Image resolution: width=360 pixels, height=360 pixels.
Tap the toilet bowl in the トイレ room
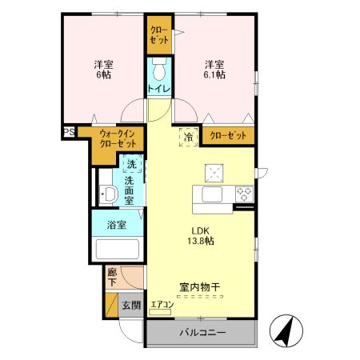tap(158, 66)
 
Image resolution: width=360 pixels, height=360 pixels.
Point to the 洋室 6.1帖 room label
tap(214, 69)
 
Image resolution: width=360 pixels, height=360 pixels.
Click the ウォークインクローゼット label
tap(117, 140)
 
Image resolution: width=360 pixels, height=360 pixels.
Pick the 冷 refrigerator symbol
tap(190, 137)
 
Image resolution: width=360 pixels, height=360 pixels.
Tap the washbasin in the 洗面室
tap(107, 192)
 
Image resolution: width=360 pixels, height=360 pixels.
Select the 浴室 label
tap(116, 225)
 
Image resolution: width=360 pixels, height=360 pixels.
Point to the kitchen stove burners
tap(243, 193)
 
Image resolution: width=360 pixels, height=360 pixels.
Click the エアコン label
tap(162, 305)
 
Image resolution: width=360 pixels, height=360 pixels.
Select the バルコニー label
tap(202, 333)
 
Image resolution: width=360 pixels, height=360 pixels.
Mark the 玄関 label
tap(131, 305)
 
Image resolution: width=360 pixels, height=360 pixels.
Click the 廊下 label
tap(113, 277)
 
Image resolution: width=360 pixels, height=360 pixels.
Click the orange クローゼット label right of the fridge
tap(228, 137)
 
